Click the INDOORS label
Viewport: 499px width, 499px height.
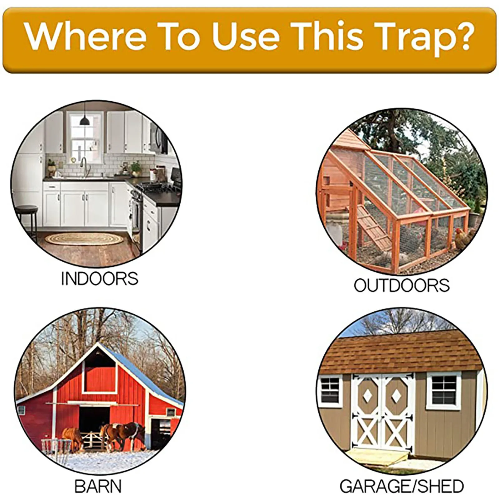point(99,279)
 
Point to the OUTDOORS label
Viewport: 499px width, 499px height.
point(402,285)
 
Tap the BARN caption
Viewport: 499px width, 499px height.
point(98,486)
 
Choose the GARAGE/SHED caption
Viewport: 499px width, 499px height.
point(402,486)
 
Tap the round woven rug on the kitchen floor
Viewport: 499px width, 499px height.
point(84,239)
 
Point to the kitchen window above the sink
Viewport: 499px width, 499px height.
point(85,137)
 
